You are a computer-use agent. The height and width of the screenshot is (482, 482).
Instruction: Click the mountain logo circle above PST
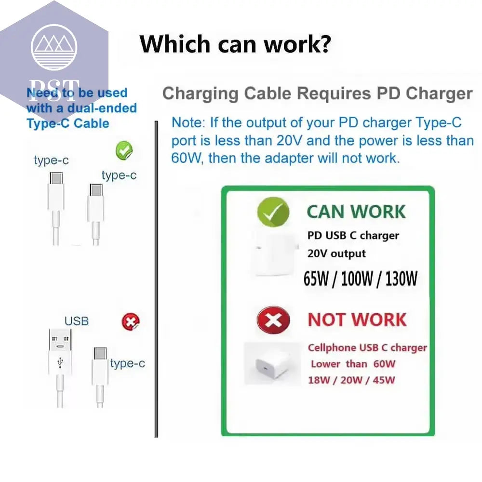[x=54, y=47]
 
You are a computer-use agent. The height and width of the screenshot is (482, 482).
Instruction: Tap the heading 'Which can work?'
[x=236, y=44]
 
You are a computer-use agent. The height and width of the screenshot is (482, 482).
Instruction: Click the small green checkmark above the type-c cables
[x=124, y=150]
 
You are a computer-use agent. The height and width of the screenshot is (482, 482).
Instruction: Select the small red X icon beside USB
[x=131, y=322]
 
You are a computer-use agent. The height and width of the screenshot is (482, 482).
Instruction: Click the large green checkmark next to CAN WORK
[x=273, y=212]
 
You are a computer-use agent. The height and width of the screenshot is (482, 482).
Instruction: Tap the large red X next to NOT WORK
[x=273, y=321]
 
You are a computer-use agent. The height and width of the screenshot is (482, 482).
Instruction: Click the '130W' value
[x=401, y=279]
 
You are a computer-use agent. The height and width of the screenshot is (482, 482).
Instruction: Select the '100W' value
[x=357, y=279]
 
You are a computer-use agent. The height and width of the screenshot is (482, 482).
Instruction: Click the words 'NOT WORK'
[x=357, y=320]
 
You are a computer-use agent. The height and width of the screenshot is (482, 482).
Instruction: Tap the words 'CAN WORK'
[x=356, y=212]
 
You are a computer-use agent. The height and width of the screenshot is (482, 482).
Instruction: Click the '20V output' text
[x=336, y=254]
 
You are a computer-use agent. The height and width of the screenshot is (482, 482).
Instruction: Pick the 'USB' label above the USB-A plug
[x=77, y=321]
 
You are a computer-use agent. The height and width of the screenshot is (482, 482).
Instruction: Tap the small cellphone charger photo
[x=272, y=364]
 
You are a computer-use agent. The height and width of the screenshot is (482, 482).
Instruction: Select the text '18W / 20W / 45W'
[x=351, y=380]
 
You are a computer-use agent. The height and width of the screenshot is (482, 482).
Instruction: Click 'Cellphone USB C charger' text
[x=367, y=348]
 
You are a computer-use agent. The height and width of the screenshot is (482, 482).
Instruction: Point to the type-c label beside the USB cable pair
[x=128, y=363]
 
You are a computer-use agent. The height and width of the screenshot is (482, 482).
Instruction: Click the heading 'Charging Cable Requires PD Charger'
[x=317, y=94]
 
